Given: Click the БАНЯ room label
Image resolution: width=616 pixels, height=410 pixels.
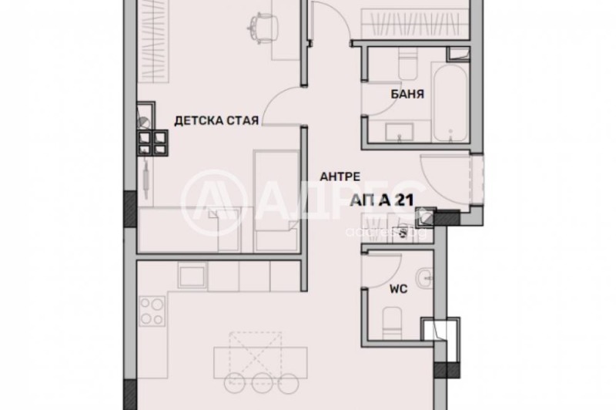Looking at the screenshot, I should click(404, 96).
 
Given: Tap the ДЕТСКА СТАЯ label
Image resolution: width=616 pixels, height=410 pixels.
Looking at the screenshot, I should click(216, 120).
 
